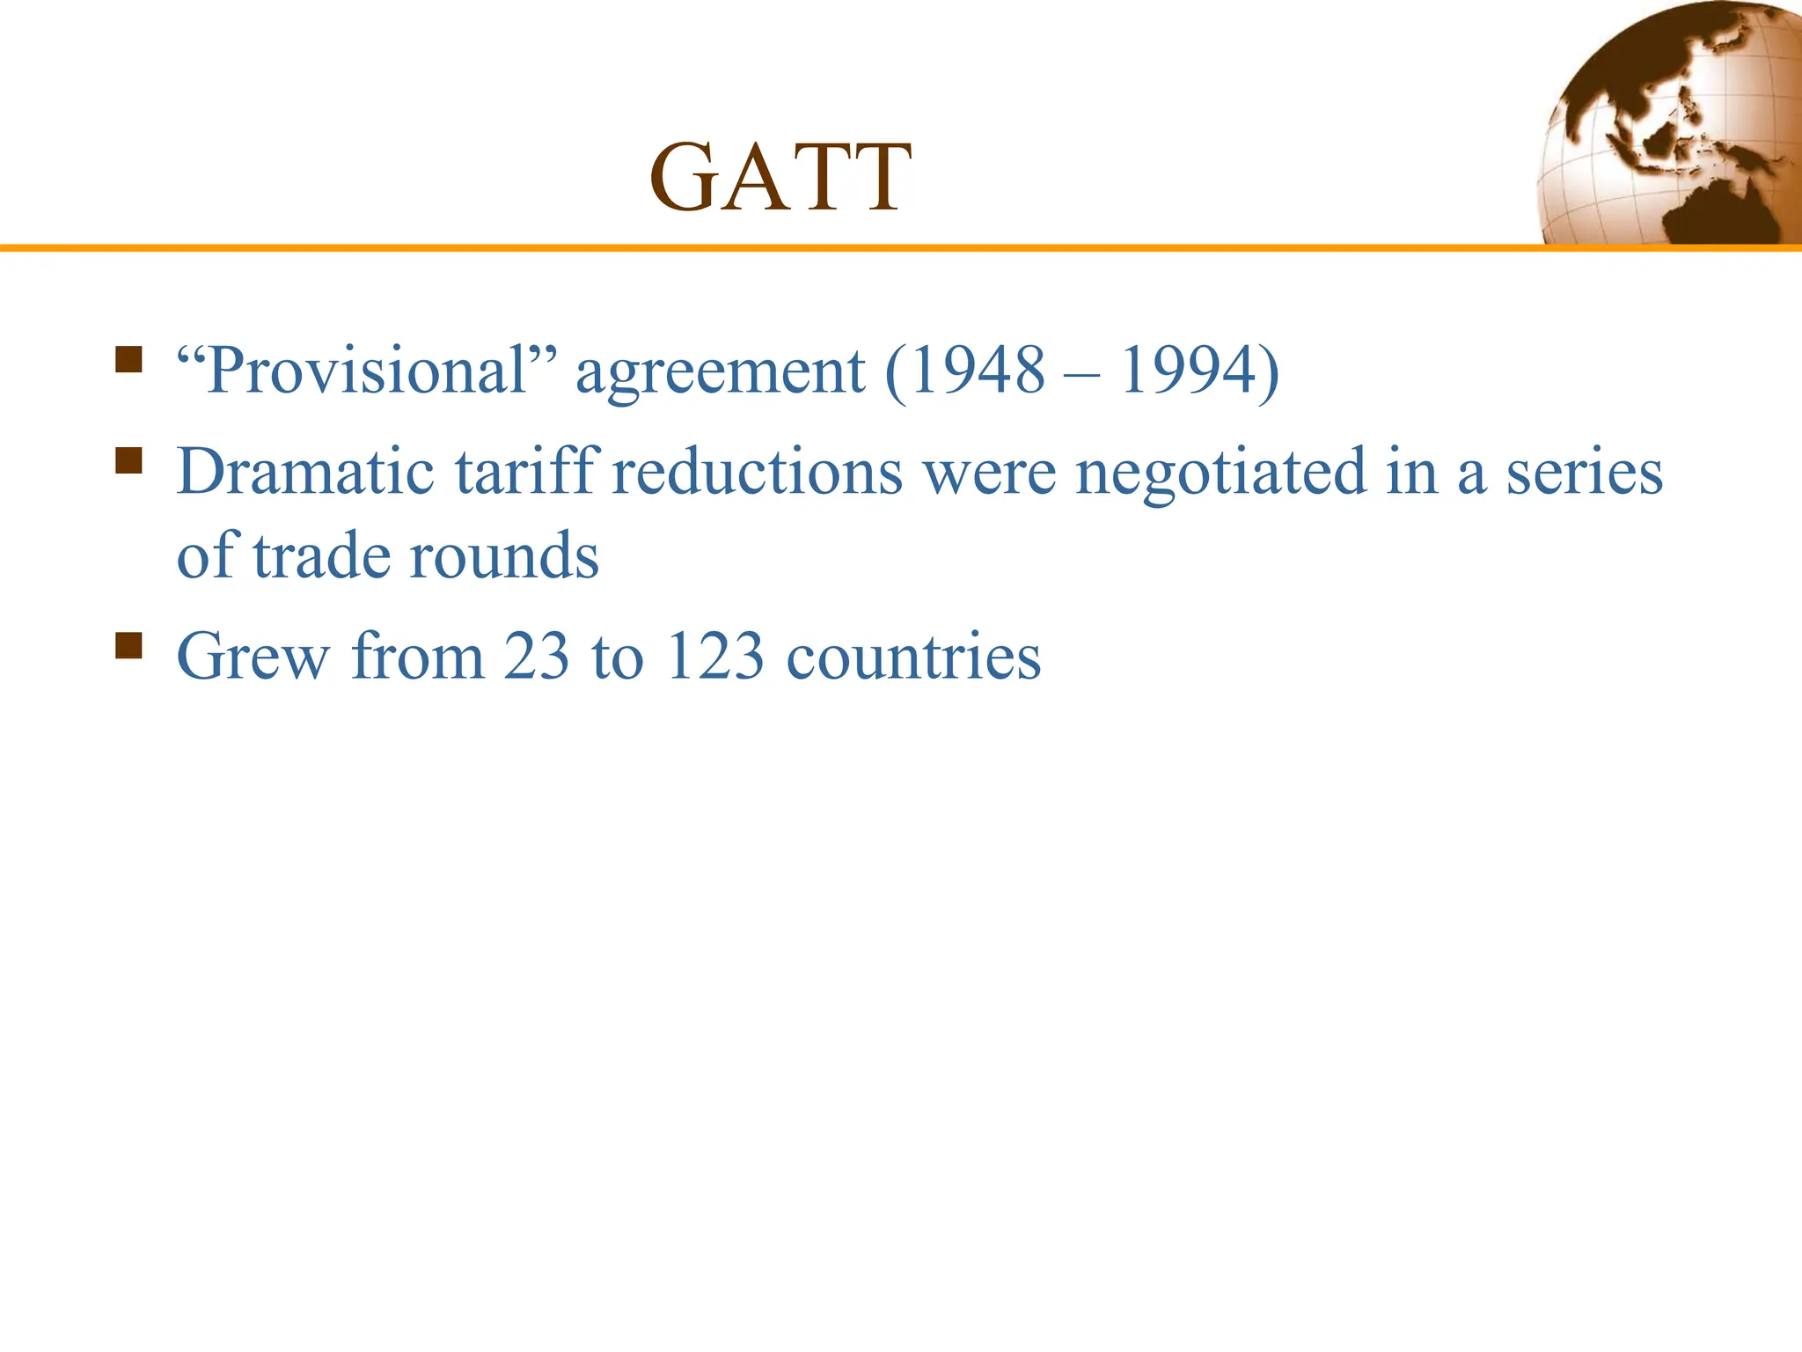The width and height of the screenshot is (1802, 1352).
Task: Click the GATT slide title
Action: point(780,178)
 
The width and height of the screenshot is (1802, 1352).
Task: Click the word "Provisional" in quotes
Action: point(367,371)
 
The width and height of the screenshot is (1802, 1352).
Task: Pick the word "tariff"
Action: point(528,472)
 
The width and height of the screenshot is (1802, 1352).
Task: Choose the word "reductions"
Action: point(757,472)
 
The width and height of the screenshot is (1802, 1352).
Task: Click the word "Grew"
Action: point(253,657)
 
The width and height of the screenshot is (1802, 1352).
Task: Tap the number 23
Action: point(536,657)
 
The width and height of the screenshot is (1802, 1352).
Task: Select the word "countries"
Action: point(913,657)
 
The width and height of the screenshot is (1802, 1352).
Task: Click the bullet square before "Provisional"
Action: point(128,360)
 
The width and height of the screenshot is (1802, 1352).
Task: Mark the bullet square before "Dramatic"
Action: point(128,460)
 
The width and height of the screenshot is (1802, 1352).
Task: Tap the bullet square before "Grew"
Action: point(128,645)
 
